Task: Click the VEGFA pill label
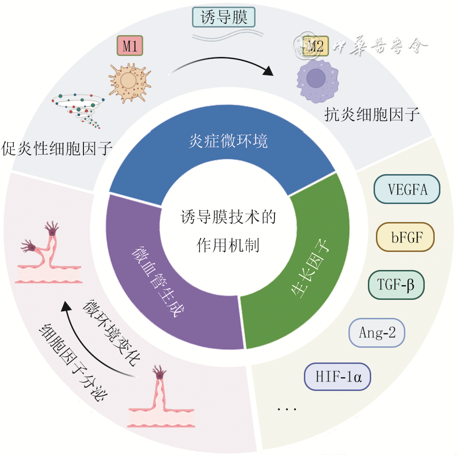pyautogui.click(x=407, y=190)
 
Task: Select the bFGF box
pyautogui.click(x=405, y=237)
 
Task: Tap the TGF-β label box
pyautogui.click(x=396, y=285)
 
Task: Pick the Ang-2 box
pyautogui.click(x=377, y=333)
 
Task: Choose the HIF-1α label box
pyautogui.click(x=338, y=377)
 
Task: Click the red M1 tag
pyautogui.click(x=129, y=46)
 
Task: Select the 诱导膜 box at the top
pyautogui.click(x=224, y=18)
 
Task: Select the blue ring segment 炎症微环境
pyautogui.click(x=228, y=142)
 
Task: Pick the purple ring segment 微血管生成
pyautogui.click(x=156, y=280)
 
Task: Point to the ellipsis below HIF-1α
pyautogui.click(x=287, y=409)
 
